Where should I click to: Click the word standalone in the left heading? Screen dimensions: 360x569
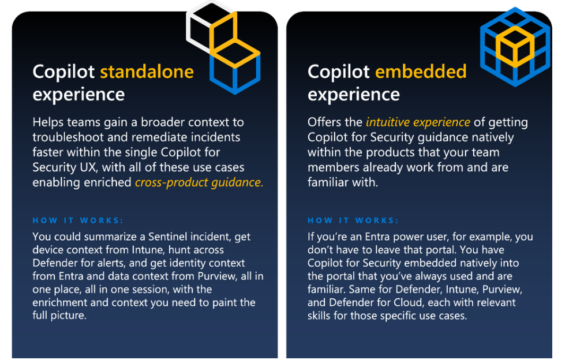click(147, 72)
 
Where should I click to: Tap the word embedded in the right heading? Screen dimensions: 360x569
click(420, 72)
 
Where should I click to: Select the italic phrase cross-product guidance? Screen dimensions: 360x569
click(199, 182)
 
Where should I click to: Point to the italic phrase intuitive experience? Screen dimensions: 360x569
click(418, 122)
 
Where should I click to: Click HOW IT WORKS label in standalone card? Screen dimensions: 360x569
click(78, 220)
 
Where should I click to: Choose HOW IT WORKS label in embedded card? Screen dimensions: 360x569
click(353, 220)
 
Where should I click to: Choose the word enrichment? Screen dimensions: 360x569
click(61, 302)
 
